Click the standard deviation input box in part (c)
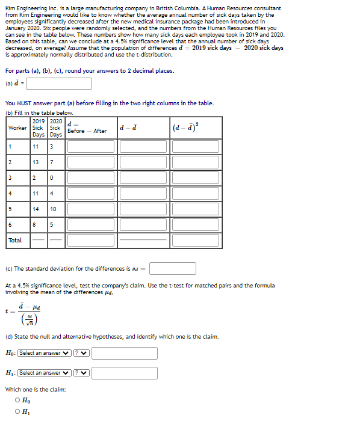pos(173,268)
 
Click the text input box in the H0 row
pos(125,353)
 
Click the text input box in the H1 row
pos(125,373)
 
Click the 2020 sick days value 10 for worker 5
pos(53,209)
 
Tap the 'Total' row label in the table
pos(15,240)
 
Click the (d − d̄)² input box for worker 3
pos(196,178)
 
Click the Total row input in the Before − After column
pos(92,240)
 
